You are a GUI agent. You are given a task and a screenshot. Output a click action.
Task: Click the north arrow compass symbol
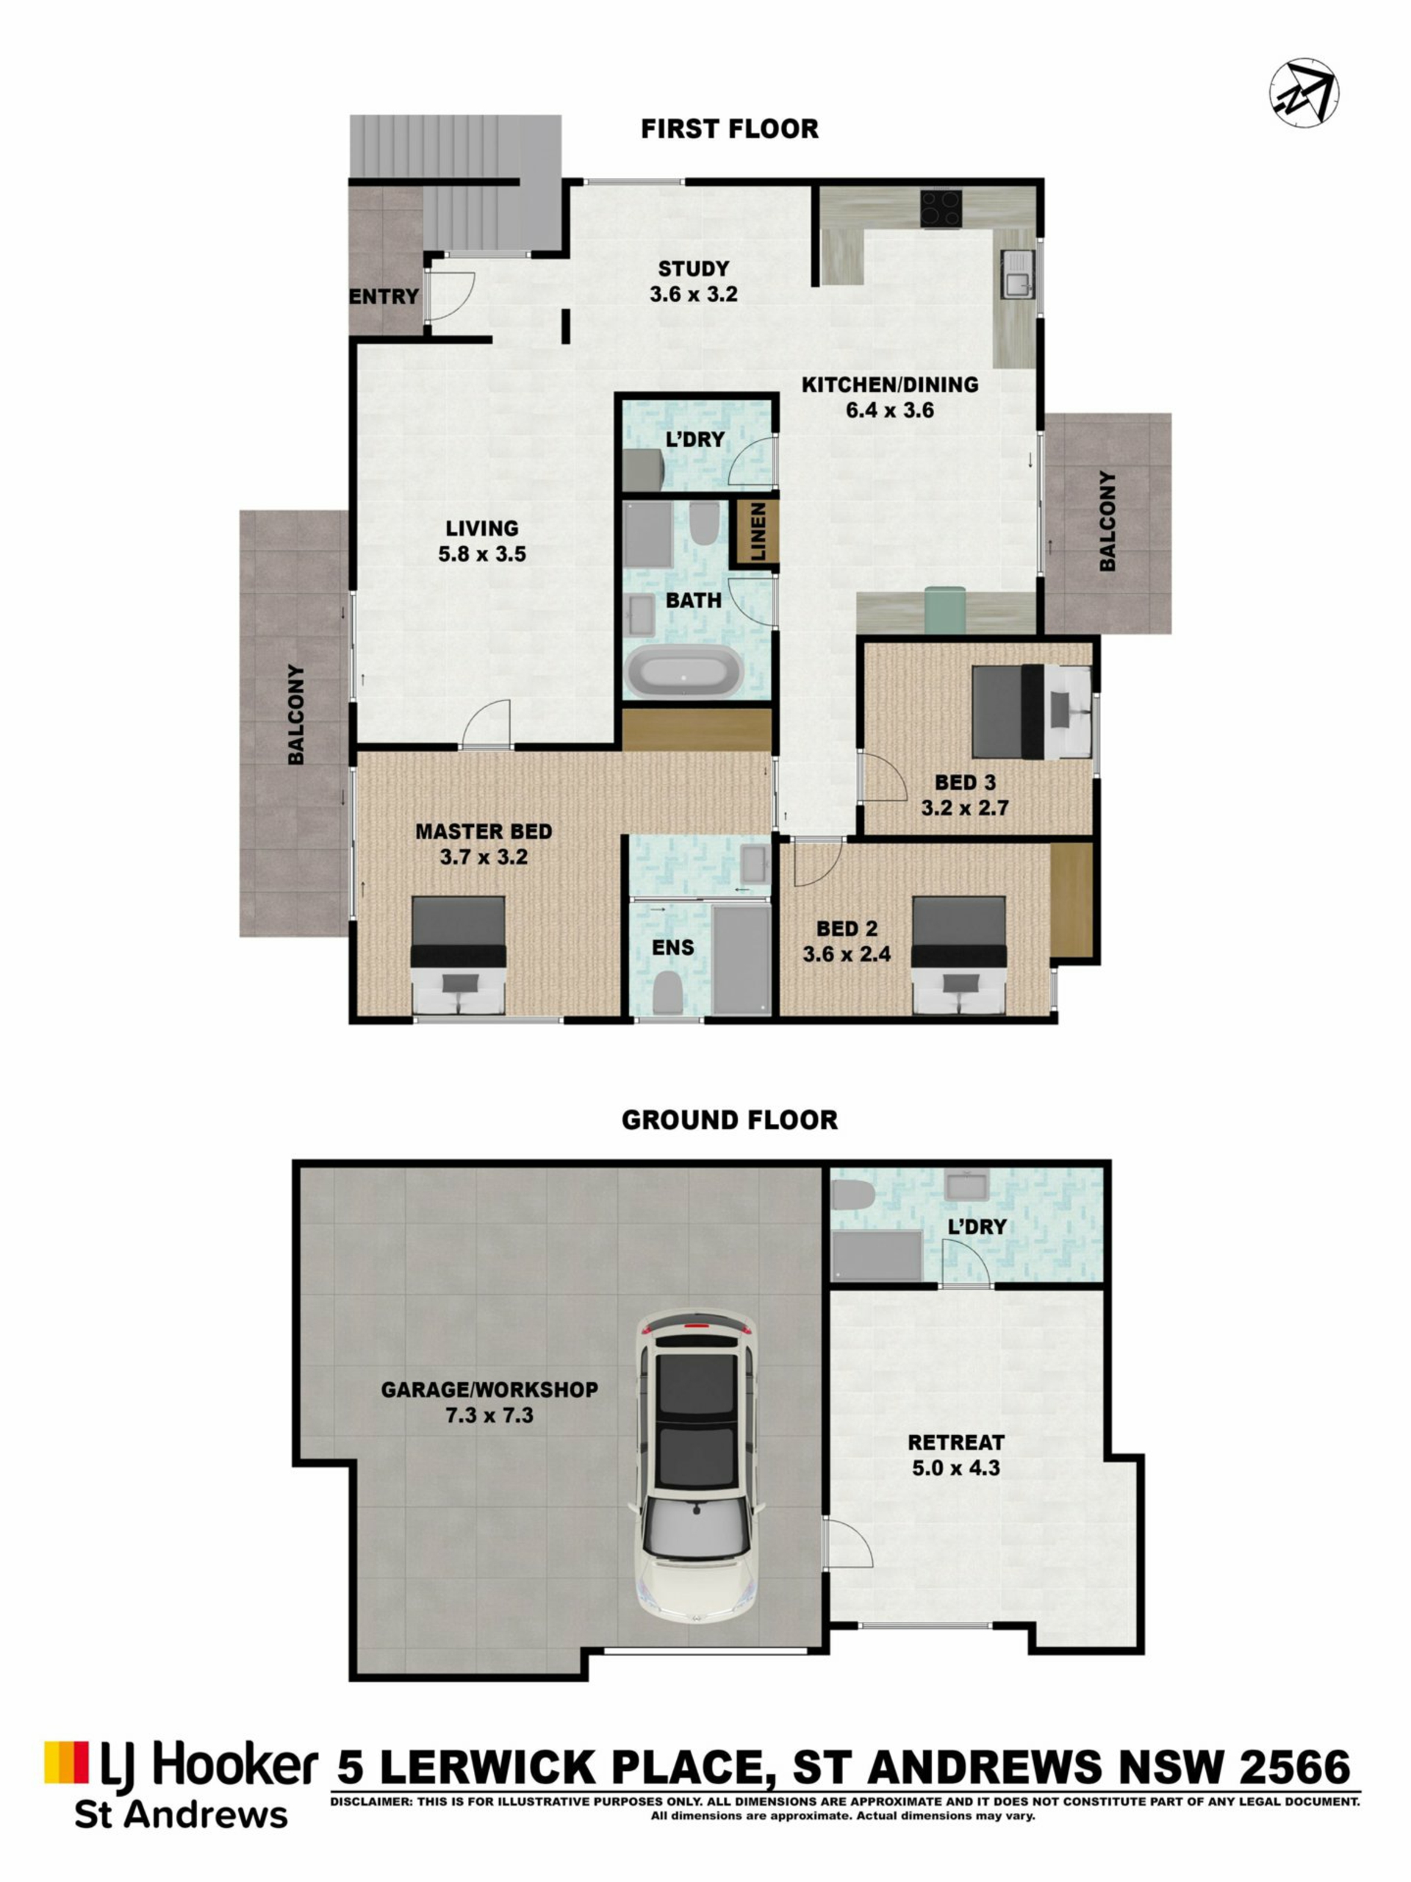tap(1304, 93)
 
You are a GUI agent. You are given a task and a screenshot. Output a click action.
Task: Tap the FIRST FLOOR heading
tap(729, 129)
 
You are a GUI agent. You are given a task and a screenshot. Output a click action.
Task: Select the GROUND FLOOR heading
tap(729, 1120)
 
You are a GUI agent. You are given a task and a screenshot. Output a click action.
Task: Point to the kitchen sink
tap(1017, 274)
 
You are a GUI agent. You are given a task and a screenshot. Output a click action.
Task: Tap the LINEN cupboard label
tap(758, 531)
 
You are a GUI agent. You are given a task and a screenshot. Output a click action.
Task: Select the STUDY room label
tap(693, 269)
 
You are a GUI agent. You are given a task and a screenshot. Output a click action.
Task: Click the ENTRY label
tap(384, 296)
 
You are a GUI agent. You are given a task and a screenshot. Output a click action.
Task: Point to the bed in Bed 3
tap(1032, 712)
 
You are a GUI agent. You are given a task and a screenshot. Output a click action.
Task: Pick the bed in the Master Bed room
tap(459, 955)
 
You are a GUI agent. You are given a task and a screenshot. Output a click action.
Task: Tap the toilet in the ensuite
tap(667, 993)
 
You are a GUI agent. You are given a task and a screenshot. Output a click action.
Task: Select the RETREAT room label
tap(956, 1442)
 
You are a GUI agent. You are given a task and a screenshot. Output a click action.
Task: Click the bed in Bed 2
tap(958, 955)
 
